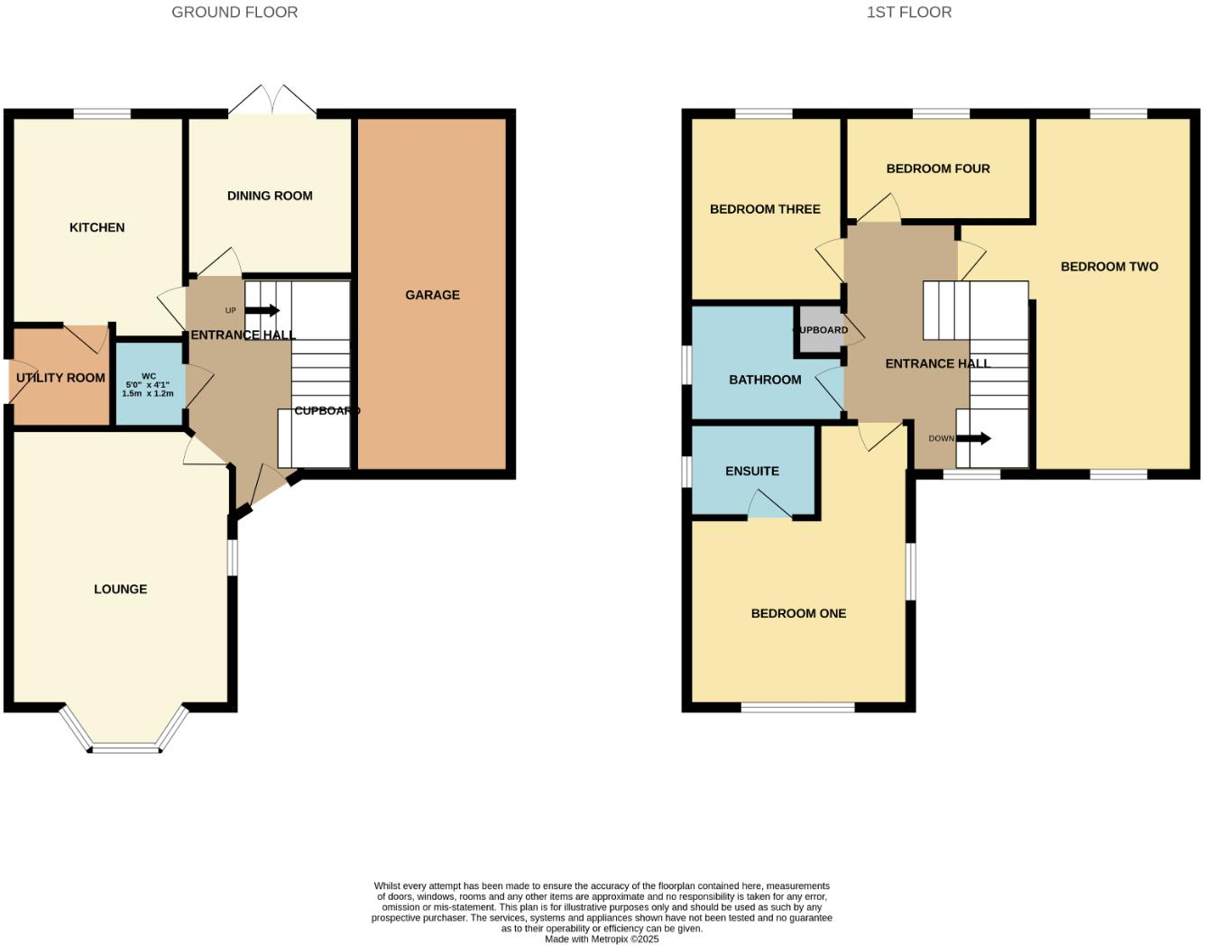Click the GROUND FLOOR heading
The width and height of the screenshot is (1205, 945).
coord(235,13)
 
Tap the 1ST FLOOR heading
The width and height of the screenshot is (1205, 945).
coord(909,13)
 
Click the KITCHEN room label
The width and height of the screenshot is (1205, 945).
coord(97,227)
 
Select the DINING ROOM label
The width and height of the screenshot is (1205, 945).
coord(270,196)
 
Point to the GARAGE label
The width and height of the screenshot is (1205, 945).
coord(433,295)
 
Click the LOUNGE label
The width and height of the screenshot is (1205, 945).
coord(120,589)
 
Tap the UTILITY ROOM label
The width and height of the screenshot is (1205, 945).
coord(60,378)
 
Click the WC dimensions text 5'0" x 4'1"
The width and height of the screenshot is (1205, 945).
coord(148,384)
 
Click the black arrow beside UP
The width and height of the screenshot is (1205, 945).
coord(262,310)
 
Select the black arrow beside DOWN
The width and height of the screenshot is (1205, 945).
coord(974,438)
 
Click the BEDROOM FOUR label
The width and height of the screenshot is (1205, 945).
coord(938,169)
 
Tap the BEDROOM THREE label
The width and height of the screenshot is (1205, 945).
coord(765,209)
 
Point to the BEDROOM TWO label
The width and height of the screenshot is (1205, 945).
coord(1109,267)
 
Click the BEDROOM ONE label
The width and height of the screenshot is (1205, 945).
coord(798,613)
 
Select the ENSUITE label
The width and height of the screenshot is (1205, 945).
coord(752,471)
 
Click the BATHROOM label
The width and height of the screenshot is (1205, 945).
coord(765,380)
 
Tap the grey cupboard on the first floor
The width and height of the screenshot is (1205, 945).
coord(821,329)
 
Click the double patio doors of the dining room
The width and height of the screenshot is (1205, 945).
coord(272,101)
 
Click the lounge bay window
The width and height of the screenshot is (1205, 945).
coord(124,731)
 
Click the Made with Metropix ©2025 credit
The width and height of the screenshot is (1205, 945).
coord(602,939)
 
